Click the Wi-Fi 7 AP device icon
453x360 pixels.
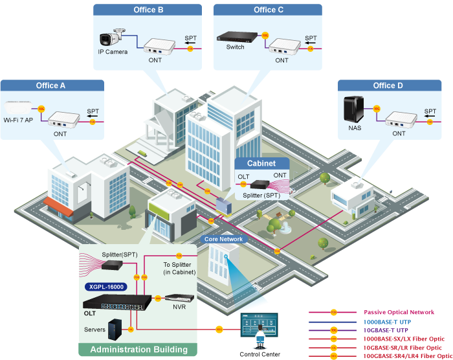tap(19, 107)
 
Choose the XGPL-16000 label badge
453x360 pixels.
tap(104, 286)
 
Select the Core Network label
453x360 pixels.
tap(224, 239)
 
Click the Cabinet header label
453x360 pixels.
tap(261, 163)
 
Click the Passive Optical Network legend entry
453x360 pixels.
tap(399, 312)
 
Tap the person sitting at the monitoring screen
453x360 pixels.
tap(260, 336)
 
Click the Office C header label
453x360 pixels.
tap(269, 10)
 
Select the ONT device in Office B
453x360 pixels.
tap(157, 47)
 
